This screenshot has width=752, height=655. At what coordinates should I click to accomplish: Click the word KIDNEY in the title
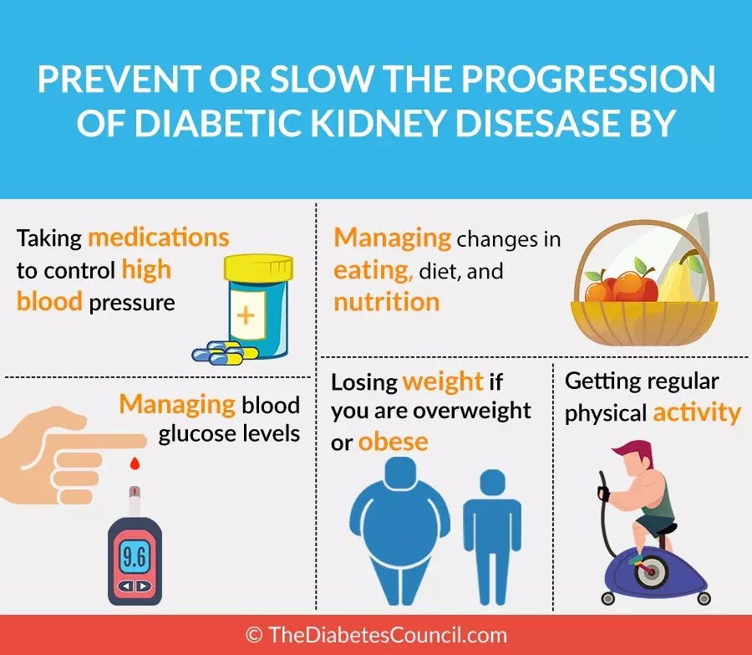379,122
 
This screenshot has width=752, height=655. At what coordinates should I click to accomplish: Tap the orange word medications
159,238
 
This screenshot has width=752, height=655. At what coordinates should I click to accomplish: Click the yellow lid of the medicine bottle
258,268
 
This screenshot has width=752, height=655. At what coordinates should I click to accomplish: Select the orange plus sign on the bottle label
246,315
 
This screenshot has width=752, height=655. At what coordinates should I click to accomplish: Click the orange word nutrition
387,302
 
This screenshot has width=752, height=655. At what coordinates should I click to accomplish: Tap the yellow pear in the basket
680,278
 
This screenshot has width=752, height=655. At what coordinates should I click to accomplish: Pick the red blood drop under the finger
135,463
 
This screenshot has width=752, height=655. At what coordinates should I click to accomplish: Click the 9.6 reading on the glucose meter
135,557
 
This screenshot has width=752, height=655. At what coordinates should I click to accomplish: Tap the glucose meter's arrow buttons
135,586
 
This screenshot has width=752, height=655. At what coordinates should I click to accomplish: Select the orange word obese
394,442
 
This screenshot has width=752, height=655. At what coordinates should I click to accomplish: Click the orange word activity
697,413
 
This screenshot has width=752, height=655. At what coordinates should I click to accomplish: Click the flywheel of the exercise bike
650,571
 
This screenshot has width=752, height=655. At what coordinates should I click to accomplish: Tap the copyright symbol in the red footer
254,635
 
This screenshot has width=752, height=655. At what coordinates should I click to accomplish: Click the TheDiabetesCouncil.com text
388,635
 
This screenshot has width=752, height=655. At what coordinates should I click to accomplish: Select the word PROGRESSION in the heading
588,79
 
